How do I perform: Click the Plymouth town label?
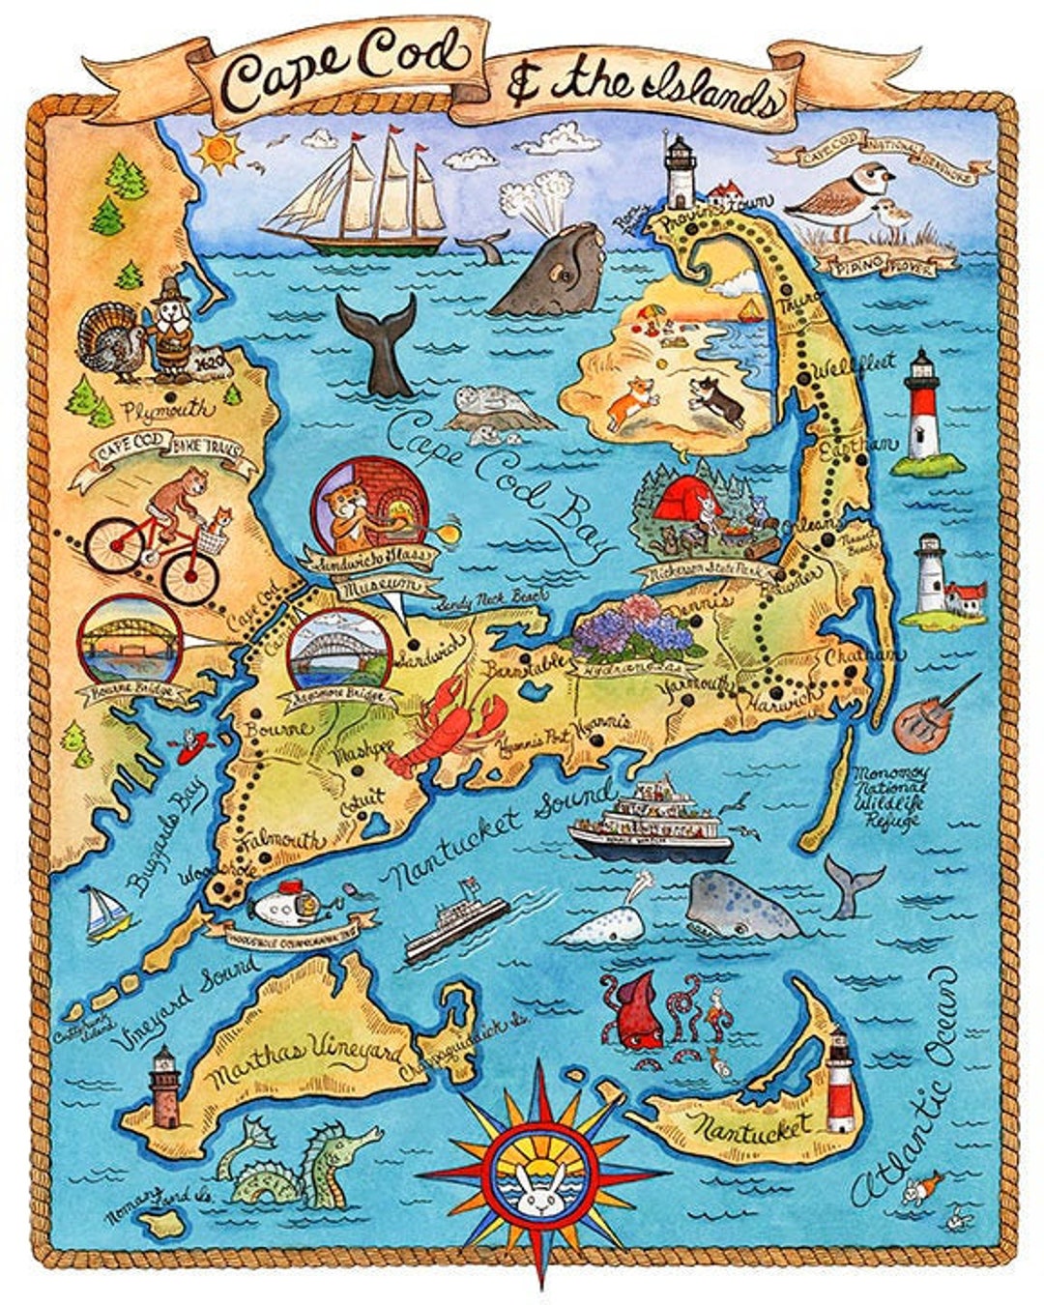169,410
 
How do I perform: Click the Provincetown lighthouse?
681,170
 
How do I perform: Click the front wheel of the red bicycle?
190,575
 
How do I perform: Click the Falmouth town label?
283,842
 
